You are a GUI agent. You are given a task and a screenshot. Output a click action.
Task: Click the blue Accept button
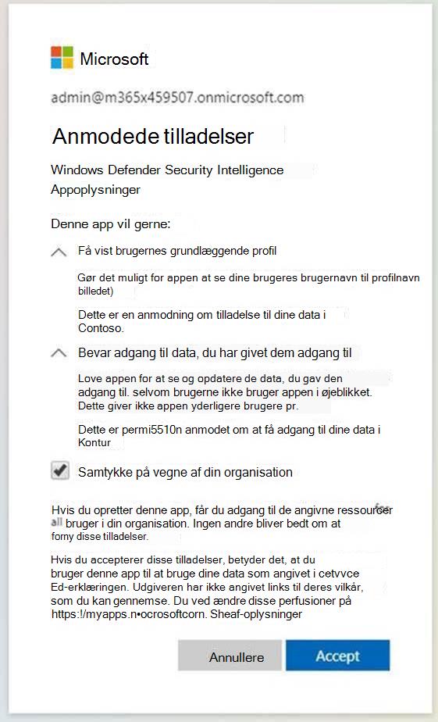pyautogui.click(x=337, y=656)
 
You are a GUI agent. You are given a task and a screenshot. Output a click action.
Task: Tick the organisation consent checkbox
pyautogui.click(x=59, y=470)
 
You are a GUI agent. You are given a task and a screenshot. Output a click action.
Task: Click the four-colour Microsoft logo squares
pyautogui.click(x=62, y=58)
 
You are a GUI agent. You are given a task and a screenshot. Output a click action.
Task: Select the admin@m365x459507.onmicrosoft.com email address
pyautogui.click(x=177, y=98)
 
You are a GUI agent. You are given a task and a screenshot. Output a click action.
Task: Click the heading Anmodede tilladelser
pyautogui.click(x=153, y=136)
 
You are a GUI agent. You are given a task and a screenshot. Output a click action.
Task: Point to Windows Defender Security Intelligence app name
pyautogui.click(x=167, y=170)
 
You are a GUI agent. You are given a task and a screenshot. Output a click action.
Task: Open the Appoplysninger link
pyautogui.click(x=95, y=189)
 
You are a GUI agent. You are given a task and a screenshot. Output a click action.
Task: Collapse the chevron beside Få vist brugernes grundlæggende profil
pyautogui.click(x=59, y=252)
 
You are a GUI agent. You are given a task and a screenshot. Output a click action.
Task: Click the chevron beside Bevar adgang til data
pyautogui.click(x=59, y=353)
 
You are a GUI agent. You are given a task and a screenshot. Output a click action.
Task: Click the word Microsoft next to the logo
pyautogui.click(x=114, y=59)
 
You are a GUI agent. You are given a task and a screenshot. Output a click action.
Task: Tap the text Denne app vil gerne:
pyautogui.click(x=111, y=224)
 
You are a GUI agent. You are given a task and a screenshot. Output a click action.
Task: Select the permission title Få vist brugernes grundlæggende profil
pyautogui.click(x=177, y=251)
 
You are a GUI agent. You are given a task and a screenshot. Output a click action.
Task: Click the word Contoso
pyautogui.click(x=101, y=329)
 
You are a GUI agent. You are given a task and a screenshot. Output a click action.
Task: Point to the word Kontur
pyautogui.click(x=94, y=443)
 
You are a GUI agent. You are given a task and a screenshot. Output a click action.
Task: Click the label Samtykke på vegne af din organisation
pyautogui.click(x=185, y=472)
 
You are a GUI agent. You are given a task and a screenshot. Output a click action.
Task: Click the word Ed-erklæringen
pyautogui.click(x=88, y=585)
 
